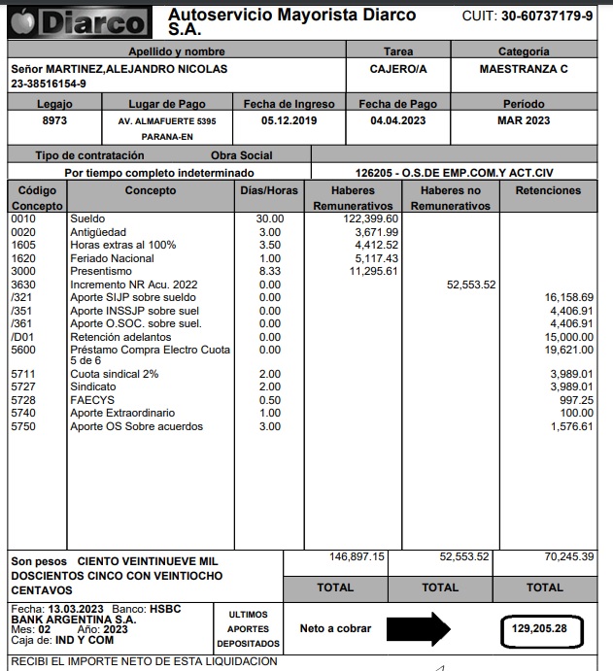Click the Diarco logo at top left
[x=78, y=21]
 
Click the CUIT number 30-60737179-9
[x=547, y=17]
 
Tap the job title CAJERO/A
[x=398, y=69]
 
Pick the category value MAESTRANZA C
[x=524, y=69]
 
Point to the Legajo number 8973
[x=54, y=120]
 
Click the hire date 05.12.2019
[x=289, y=120]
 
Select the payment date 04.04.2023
[x=398, y=120]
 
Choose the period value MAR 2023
[x=524, y=120]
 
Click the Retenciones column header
[x=548, y=191]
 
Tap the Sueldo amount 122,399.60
[x=365, y=218]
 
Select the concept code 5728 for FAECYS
[x=22, y=400]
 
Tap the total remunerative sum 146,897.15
[x=358, y=557]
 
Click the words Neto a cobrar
[x=335, y=629]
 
